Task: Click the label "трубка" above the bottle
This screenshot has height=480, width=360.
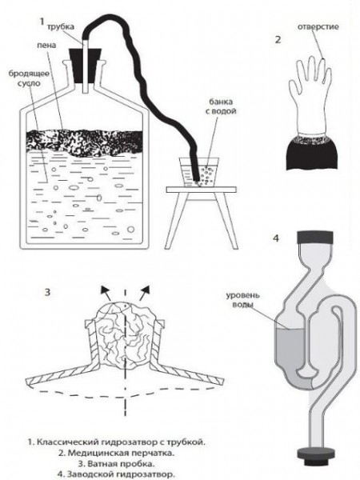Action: (61, 26)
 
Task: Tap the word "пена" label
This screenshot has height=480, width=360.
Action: (46, 46)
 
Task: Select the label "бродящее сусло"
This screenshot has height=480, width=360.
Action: (29, 78)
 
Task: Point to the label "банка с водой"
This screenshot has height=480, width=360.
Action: (221, 106)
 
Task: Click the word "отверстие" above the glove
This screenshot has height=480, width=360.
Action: (318, 26)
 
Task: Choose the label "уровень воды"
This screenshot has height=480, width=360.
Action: (242, 300)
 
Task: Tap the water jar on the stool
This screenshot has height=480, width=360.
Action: (199, 172)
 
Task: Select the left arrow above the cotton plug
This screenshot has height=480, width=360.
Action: (106, 294)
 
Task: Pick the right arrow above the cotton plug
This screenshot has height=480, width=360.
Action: (144, 294)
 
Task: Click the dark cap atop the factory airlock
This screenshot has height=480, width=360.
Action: (315, 238)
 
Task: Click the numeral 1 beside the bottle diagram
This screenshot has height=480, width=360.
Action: (42, 22)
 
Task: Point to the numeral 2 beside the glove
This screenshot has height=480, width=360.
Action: (278, 40)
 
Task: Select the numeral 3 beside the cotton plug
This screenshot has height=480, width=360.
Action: (47, 292)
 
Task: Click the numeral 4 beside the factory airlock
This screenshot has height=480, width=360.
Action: (276, 238)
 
